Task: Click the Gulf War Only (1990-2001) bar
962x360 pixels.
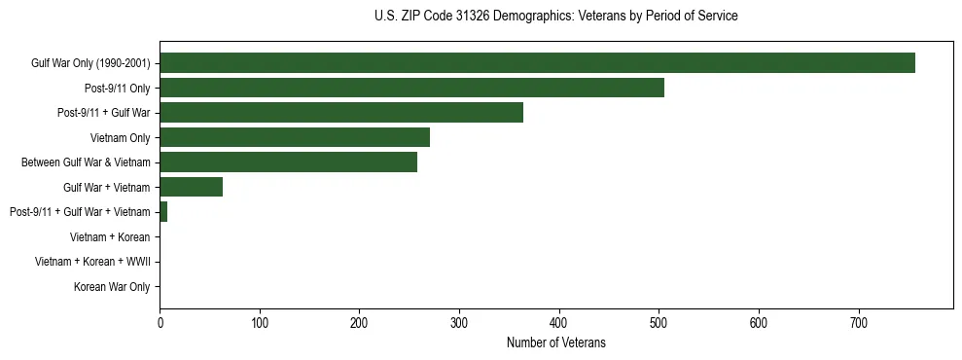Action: tap(537, 63)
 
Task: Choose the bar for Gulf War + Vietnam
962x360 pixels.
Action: tap(191, 187)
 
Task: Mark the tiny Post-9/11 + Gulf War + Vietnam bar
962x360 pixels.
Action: tap(163, 212)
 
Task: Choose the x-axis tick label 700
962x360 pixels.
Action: tap(859, 323)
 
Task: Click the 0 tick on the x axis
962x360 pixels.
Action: tap(160, 323)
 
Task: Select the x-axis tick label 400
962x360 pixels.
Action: tap(559, 323)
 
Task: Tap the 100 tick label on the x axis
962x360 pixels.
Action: tap(260, 323)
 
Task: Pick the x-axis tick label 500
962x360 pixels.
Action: tap(659, 323)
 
